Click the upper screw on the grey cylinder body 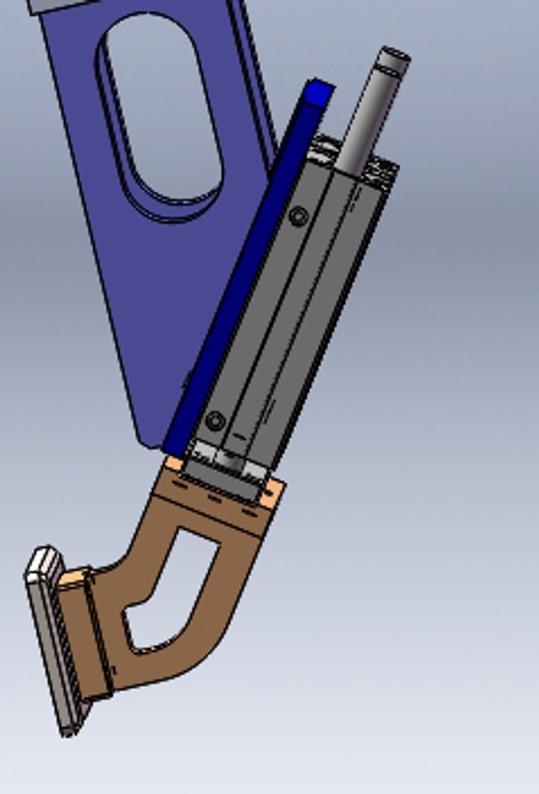click(x=298, y=216)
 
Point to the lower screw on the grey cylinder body click(x=215, y=421)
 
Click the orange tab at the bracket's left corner click(x=174, y=464)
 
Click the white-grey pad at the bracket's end click(x=51, y=640)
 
